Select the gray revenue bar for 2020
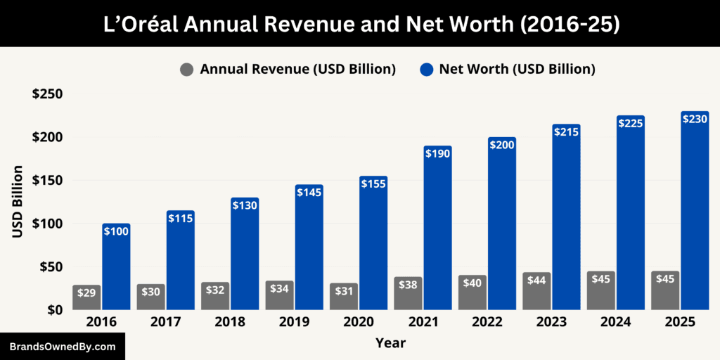tap(344, 297)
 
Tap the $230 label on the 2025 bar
tap(695, 120)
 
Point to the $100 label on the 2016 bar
tap(116, 231)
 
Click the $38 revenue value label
tap(408, 285)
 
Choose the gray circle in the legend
tap(187, 69)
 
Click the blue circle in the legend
tap(426, 69)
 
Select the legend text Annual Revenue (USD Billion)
tap(297, 69)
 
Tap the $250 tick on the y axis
tap(47, 94)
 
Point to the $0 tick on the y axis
tap(55, 310)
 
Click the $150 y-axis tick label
tap(47, 181)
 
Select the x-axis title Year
tap(390, 343)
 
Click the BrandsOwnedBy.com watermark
tap(62, 347)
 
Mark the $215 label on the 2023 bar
tap(566, 131)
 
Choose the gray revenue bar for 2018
tap(215, 296)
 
